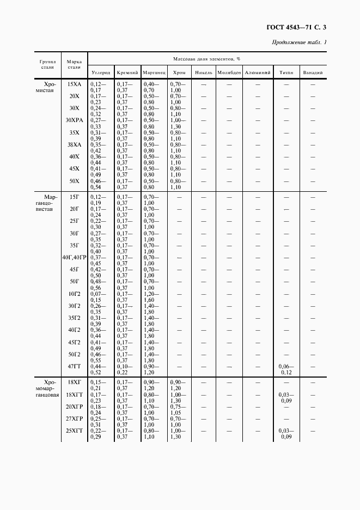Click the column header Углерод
(x=101, y=72)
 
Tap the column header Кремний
(x=127, y=72)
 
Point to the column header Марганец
(x=154, y=72)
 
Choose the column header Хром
(x=179, y=72)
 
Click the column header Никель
(x=203, y=72)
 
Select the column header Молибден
(x=229, y=72)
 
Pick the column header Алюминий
(x=258, y=72)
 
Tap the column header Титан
(x=286, y=72)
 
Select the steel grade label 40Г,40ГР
(x=74, y=257)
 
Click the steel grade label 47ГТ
(x=74, y=367)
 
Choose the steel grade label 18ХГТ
(x=74, y=394)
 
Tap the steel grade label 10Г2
(x=74, y=294)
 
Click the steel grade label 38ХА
(x=74, y=144)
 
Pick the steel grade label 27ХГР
(x=74, y=419)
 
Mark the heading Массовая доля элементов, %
(x=206, y=58)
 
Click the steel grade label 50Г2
(x=74, y=355)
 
